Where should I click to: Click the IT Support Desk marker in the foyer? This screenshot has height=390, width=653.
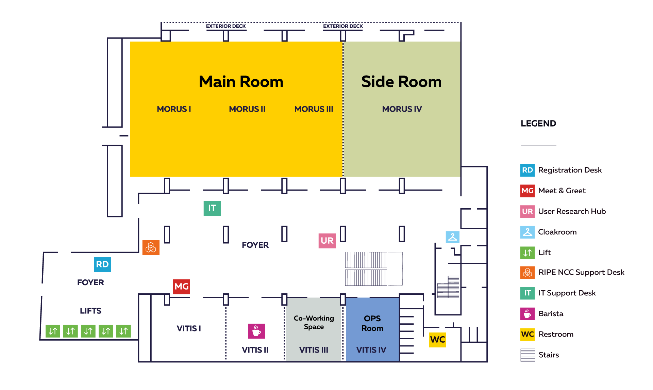212,208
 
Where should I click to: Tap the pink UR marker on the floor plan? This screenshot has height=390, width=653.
327,241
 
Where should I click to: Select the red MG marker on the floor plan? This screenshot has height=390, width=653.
181,287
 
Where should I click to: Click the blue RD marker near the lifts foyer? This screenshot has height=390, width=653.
102,264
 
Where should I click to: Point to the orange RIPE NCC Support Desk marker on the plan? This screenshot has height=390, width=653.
151,248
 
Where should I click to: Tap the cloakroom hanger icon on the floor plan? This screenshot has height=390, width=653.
452,237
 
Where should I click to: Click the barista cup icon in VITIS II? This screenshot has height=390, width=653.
256,331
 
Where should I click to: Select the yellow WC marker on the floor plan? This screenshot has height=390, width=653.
437,339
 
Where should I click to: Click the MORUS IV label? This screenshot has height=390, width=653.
402,109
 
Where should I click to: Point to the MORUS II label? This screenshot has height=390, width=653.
247,109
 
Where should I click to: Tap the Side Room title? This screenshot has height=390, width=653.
401,82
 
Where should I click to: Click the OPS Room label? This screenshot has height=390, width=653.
372,323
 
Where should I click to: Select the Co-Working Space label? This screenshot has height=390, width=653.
314,322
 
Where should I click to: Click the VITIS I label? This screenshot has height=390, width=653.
189,328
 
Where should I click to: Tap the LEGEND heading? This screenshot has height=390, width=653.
538,124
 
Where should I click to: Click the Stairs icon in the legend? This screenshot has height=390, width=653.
528,355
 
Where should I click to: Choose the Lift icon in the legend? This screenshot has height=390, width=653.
528,253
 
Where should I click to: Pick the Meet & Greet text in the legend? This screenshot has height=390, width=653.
562,191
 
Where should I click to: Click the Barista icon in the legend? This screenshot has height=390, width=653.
528,314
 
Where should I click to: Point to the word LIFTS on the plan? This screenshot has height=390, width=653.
90,311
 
